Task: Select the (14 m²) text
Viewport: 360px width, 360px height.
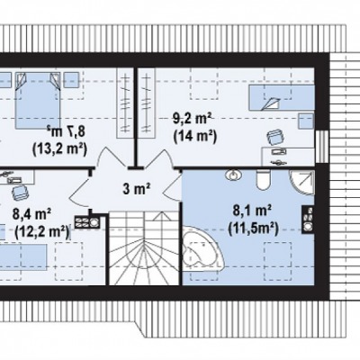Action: [194, 137]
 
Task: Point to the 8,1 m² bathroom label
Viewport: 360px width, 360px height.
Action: [252, 211]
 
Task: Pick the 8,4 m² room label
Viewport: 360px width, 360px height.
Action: [31, 213]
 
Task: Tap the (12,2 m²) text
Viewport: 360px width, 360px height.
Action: [41, 231]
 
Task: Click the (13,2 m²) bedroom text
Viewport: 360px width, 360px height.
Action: [60, 148]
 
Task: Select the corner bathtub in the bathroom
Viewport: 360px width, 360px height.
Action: [202, 247]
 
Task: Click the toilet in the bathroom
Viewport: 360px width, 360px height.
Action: [264, 180]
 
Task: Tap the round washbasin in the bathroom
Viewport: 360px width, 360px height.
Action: [233, 175]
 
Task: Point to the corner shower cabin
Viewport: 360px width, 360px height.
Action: [301, 183]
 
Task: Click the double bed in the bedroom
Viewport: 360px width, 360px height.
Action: [38, 100]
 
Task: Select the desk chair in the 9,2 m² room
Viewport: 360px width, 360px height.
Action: [275, 138]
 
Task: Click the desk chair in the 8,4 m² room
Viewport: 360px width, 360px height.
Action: [20, 192]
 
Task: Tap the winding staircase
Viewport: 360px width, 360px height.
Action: [144, 247]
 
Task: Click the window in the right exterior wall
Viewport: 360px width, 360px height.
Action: [322, 147]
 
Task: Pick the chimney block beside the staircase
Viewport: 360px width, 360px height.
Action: [87, 222]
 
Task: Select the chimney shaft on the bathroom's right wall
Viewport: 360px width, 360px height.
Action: [308, 220]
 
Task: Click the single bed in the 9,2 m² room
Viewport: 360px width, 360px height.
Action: [282, 98]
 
